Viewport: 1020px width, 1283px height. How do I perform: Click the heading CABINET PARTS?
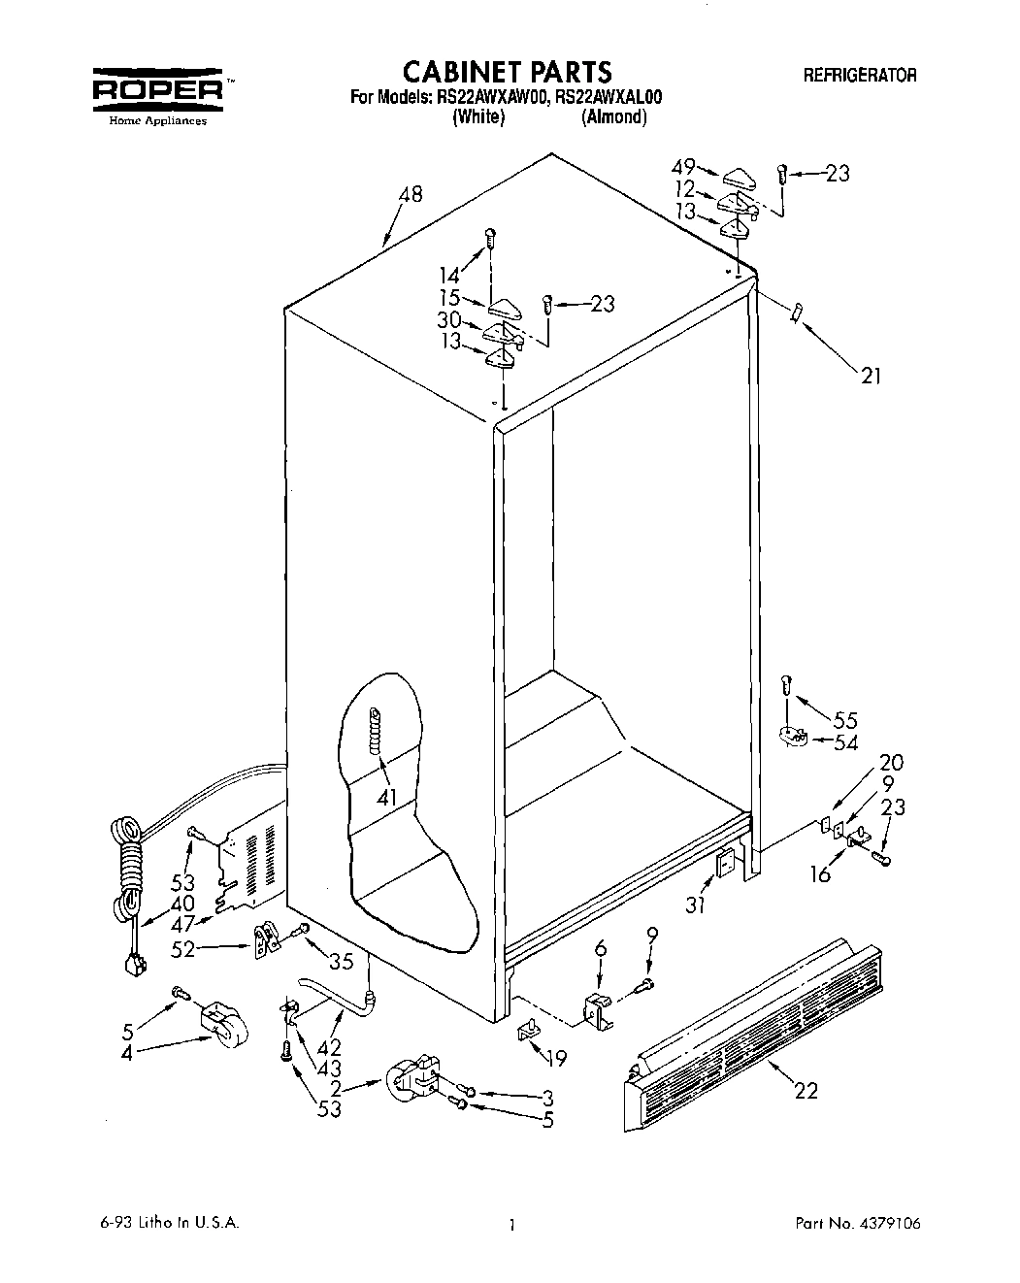click(507, 72)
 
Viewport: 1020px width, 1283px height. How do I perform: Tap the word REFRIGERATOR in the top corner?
click(859, 75)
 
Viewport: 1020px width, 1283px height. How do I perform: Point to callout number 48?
click(411, 195)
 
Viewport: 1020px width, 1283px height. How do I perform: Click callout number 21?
click(871, 376)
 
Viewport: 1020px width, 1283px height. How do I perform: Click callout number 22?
click(806, 1091)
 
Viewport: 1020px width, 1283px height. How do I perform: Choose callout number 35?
click(341, 962)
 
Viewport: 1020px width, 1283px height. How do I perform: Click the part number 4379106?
click(881, 1224)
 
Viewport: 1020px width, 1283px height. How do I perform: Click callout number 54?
click(846, 742)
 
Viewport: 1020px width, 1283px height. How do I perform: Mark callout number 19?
click(557, 1057)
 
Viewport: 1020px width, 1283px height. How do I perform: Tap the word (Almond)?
click(613, 117)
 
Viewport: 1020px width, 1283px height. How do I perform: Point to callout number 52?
click(183, 950)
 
